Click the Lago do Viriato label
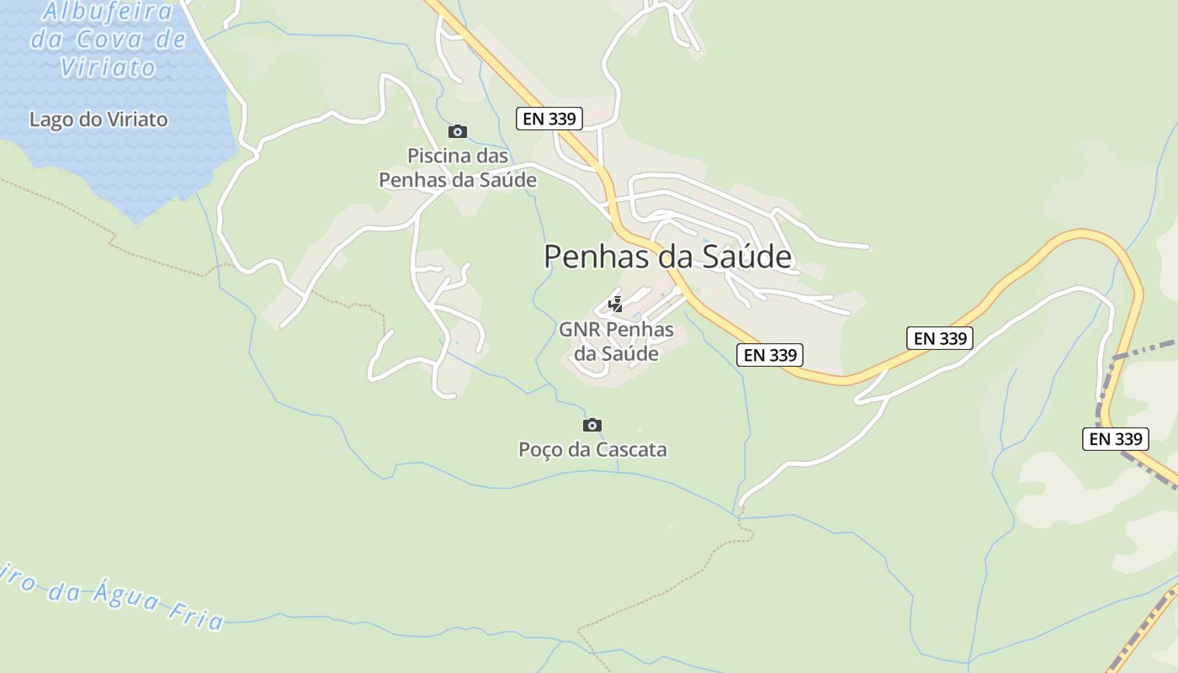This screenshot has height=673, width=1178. click(98, 119)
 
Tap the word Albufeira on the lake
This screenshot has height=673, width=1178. click(108, 12)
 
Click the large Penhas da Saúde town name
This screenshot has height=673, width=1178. click(667, 257)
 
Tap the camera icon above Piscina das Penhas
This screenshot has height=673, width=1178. click(458, 131)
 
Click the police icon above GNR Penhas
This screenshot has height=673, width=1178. click(616, 305)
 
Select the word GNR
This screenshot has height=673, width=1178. click(579, 329)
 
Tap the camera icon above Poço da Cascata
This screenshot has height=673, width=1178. click(592, 425)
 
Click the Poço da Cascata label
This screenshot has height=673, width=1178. click(592, 449)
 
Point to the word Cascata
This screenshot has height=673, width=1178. click(630, 449)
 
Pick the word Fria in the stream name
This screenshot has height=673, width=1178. click(194, 616)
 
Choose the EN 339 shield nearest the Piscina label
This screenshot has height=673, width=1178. click(549, 119)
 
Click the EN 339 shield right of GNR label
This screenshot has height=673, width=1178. click(770, 355)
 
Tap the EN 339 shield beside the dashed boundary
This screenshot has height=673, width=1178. click(1116, 438)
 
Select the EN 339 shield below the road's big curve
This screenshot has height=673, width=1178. click(940, 338)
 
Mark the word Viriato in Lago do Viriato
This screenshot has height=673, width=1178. click(137, 119)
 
